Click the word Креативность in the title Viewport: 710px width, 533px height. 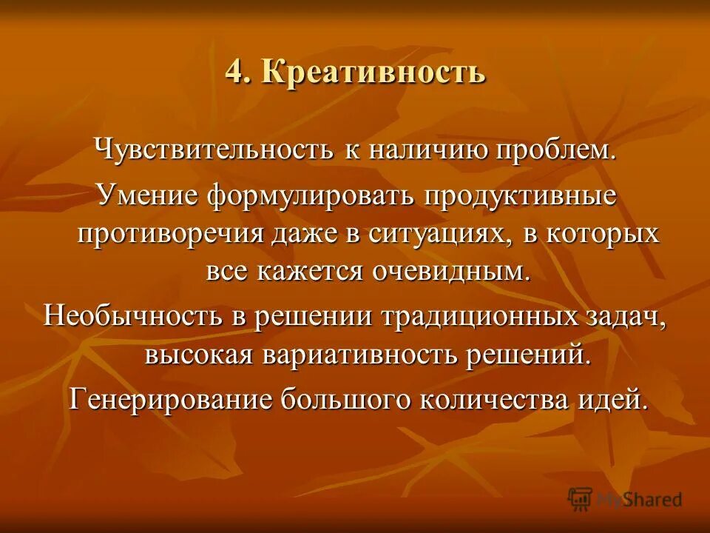[373, 73]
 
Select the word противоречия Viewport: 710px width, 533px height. [171, 234]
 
